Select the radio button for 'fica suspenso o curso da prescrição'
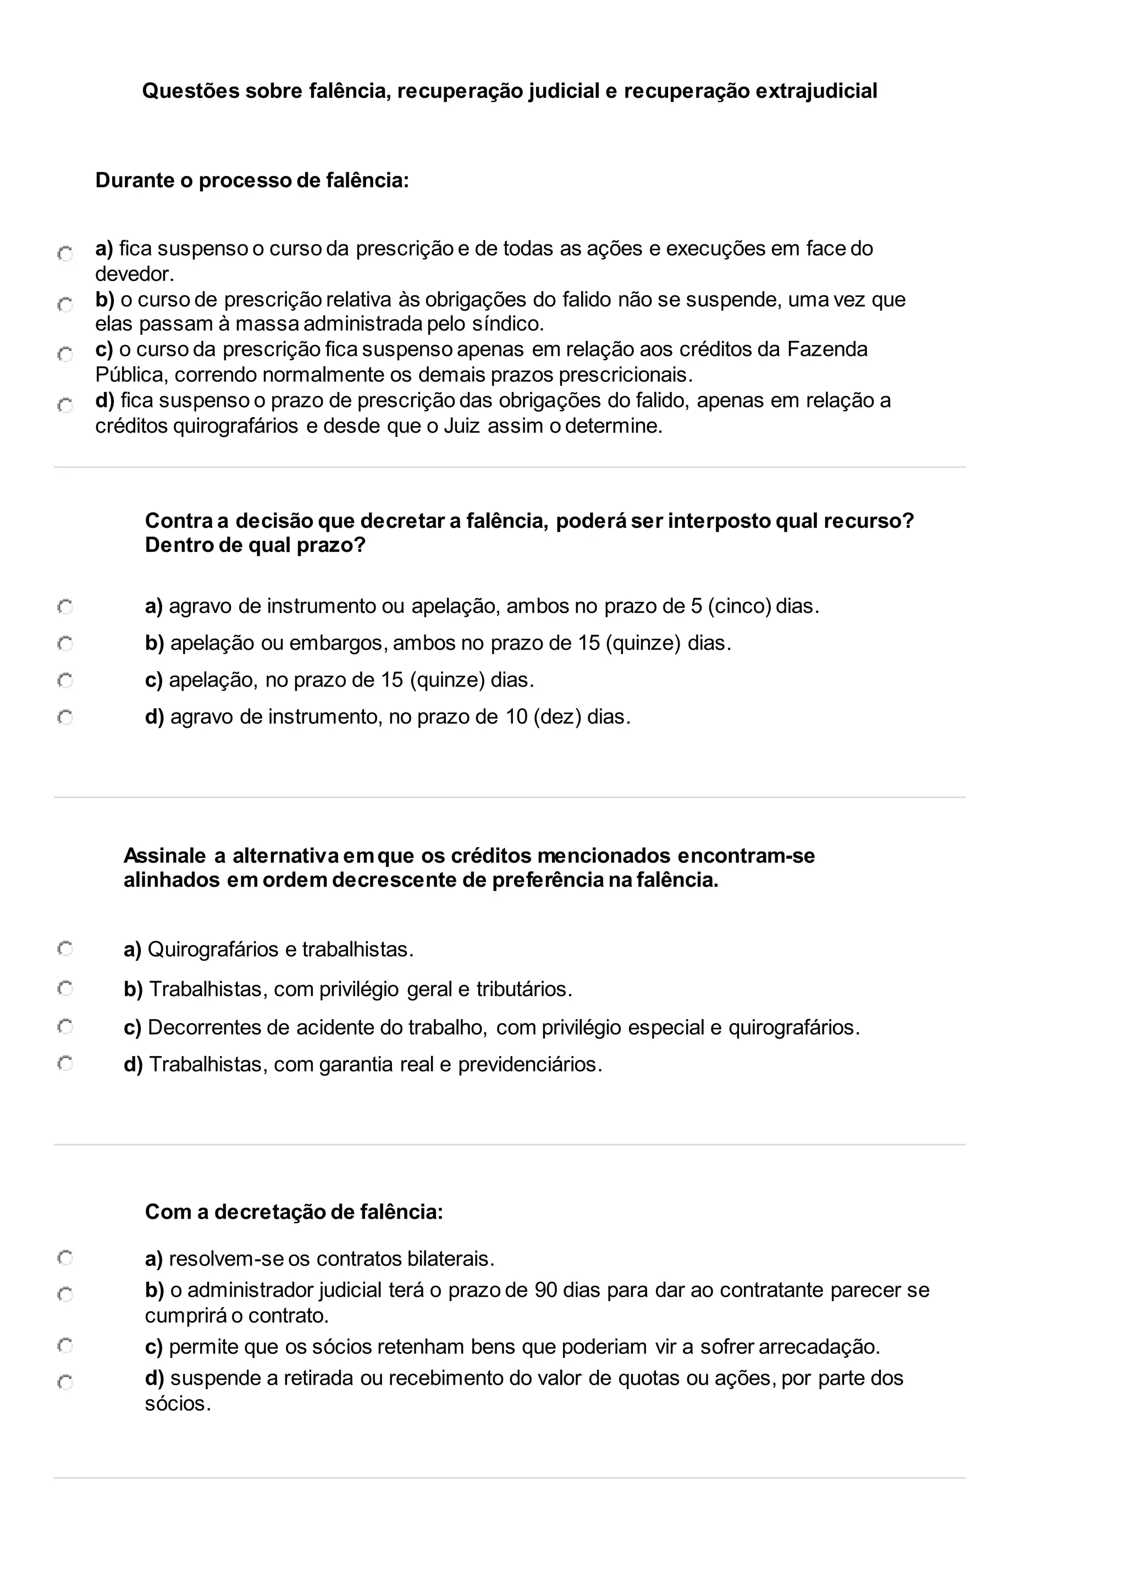tap(65, 254)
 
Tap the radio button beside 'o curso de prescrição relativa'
tap(65, 305)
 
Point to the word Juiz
tap(462, 425)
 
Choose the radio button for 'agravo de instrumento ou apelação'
tap(65, 607)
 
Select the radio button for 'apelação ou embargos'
tap(65, 644)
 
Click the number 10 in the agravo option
tap(517, 716)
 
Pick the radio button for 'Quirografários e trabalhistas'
tap(65, 948)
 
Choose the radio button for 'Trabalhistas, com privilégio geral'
tap(65, 988)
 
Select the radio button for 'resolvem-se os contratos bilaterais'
tap(65, 1257)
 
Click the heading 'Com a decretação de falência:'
tap(294, 1212)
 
